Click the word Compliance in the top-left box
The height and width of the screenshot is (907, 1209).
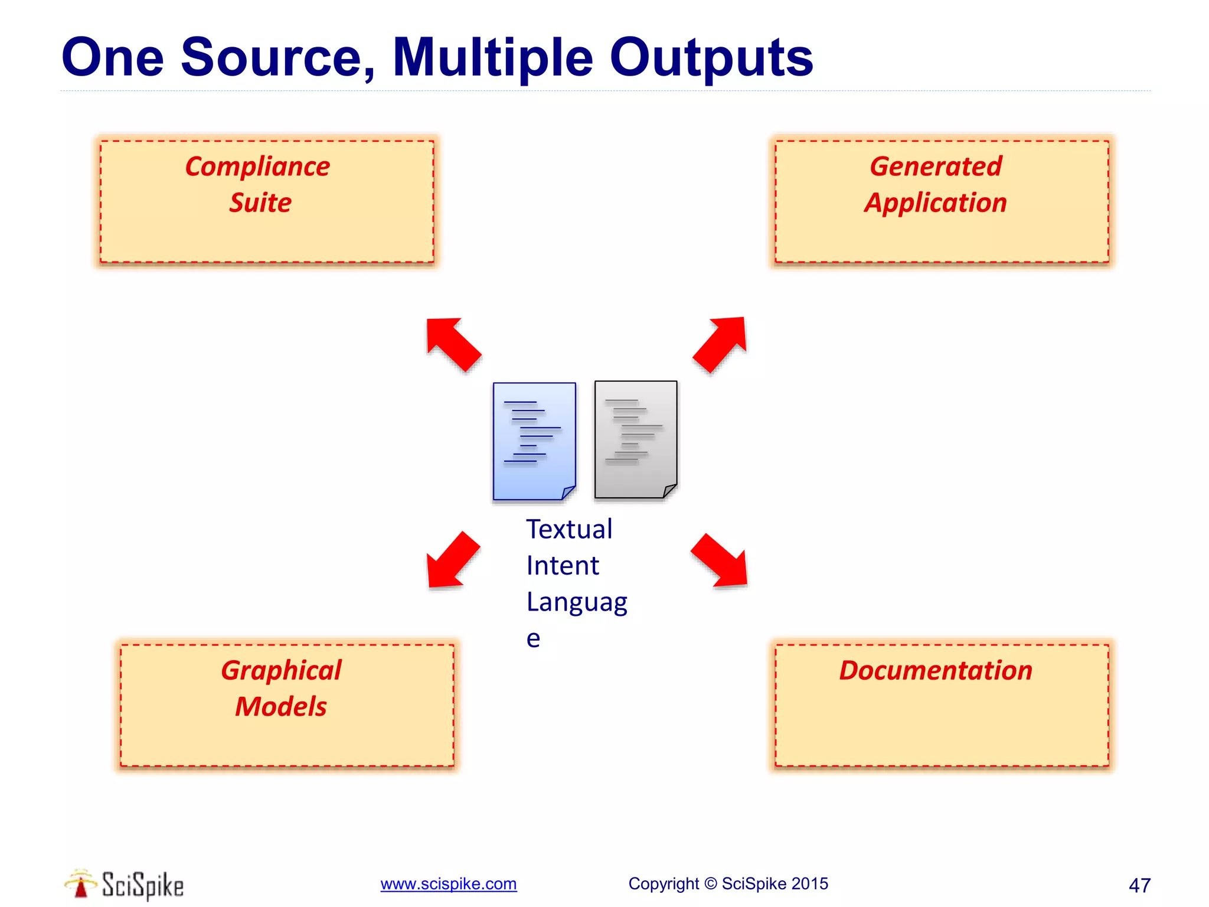pos(257,167)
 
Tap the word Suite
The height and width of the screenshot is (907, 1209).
pos(260,203)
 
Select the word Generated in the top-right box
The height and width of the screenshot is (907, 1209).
pos(936,167)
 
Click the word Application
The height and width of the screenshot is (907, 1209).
pos(936,203)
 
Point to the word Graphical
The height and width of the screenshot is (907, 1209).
pos(281,671)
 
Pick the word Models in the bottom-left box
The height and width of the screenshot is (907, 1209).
pos(281,707)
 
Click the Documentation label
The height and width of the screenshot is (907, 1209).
pos(936,671)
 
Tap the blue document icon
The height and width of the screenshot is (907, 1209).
pos(534,441)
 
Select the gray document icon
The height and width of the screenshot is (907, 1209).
pos(636,439)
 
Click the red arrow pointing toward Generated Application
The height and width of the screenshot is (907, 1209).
pos(721,344)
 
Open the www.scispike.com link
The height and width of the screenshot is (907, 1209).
pos(448,884)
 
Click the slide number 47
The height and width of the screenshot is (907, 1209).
pos(1139,885)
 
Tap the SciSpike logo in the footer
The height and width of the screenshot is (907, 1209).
pos(125,885)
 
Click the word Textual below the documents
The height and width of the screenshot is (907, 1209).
pos(569,529)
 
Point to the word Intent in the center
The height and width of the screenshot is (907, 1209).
pos(563,566)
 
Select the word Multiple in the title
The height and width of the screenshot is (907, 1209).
pos(492,58)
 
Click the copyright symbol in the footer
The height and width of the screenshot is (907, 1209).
pos(711,883)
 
